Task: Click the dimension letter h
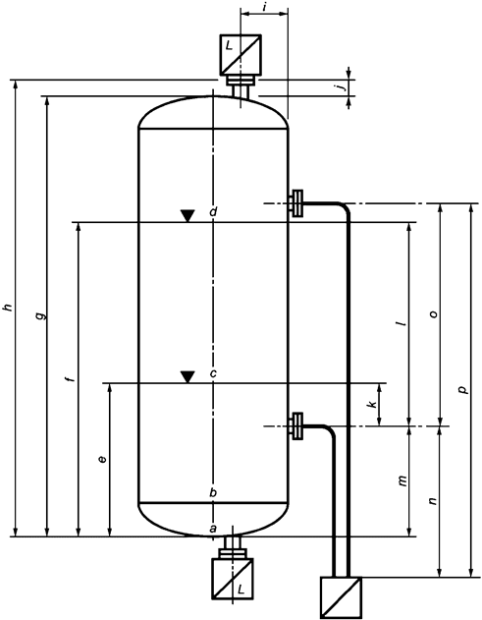pyautogui.click(x=8, y=309)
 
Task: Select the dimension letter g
pyautogui.click(x=38, y=316)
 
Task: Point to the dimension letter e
pyautogui.click(x=101, y=459)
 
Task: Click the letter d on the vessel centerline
pyautogui.click(x=212, y=212)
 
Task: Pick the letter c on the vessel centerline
pyautogui.click(x=212, y=373)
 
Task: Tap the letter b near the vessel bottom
pyautogui.click(x=212, y=491)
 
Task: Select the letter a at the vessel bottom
pyautogui.click(x=212, y=529)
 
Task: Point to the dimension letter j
pyautogui.click(x=339, y=87)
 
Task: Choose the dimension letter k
pyautogui.click(x=371, y=405)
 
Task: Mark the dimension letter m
pyautogui.click(x=401, y=480)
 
